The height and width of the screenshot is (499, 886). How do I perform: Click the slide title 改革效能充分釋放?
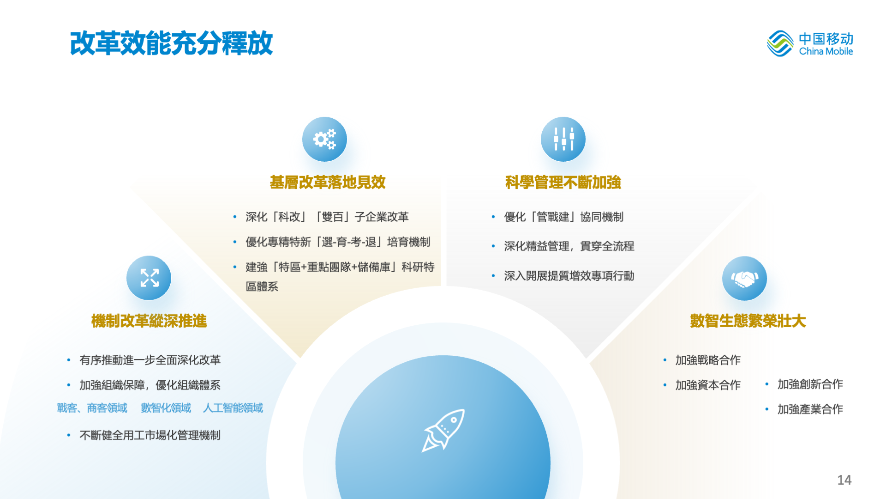(171, 43)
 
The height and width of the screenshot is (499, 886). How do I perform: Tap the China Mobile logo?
(809, 44)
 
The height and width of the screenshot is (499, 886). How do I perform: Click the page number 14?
(844, 480)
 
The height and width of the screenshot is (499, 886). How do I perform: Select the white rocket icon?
(443, 430)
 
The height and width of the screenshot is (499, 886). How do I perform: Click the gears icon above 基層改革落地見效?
(324, 139)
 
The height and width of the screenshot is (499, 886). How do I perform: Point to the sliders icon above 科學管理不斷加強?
(563, 139)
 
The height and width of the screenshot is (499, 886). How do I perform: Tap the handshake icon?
(744, 279)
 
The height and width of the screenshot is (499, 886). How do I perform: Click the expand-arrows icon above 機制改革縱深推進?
(149, 278)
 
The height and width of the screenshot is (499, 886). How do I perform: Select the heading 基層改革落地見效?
(328, 183)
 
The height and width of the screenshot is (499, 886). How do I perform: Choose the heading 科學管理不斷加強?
(563, 183)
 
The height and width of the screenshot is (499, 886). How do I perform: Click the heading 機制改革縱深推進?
(149, 321)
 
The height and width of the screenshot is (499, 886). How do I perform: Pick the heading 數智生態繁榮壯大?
(748, 321)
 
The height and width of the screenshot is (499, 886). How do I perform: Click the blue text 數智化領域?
(166, 408)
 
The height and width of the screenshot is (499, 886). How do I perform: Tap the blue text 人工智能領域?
(233, 408)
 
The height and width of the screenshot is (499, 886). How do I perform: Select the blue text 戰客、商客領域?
(92, 408)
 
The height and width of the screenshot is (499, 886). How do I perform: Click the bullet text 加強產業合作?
(810, 409)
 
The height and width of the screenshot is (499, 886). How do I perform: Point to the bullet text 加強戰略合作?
(708, 360)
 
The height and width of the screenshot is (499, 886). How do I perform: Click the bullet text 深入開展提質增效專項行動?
(569, 276)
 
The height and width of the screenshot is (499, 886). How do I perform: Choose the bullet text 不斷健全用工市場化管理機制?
(150, 435)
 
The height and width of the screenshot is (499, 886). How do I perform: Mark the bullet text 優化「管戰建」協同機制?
(564, 217)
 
